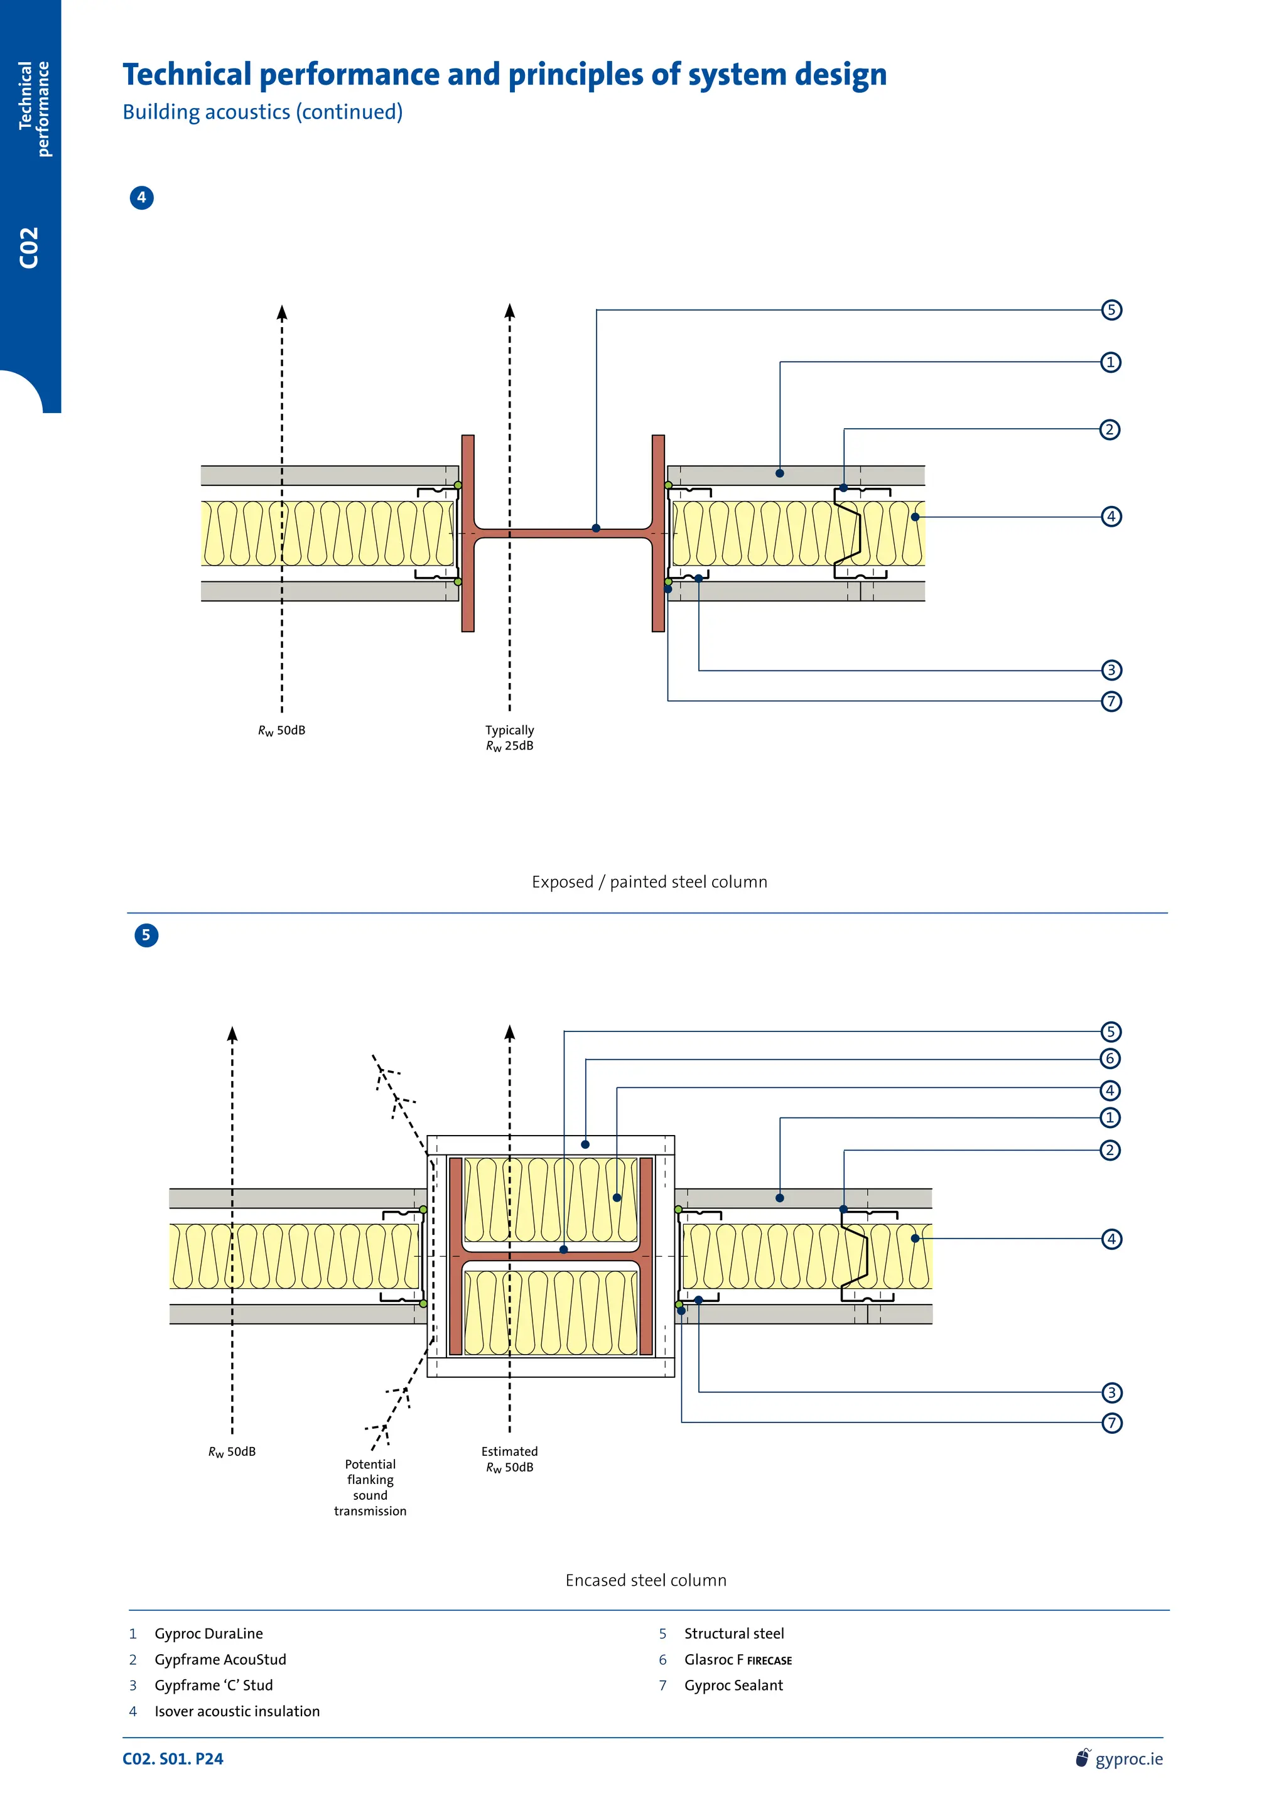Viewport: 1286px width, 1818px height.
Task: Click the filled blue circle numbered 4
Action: [142, 197]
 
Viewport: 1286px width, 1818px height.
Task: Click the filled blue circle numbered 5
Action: [146, 935]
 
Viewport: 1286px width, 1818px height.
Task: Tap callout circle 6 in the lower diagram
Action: [1110, 1058]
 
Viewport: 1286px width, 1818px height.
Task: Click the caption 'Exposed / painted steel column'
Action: [649, 881]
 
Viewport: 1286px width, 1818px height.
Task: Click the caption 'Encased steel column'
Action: [646, 1579]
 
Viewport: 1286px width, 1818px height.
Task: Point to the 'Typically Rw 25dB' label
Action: [509, 738]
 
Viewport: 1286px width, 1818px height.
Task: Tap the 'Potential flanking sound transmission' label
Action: [370, 1487]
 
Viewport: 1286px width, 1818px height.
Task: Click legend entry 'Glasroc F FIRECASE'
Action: [737, 1660]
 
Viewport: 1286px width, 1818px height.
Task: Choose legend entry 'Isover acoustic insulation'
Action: [237, 1711]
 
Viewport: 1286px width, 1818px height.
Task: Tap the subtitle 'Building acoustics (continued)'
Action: [262, 112]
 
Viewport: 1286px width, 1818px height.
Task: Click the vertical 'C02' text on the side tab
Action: [30, 247]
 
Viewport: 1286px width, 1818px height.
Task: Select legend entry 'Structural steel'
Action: [733, 1633]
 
